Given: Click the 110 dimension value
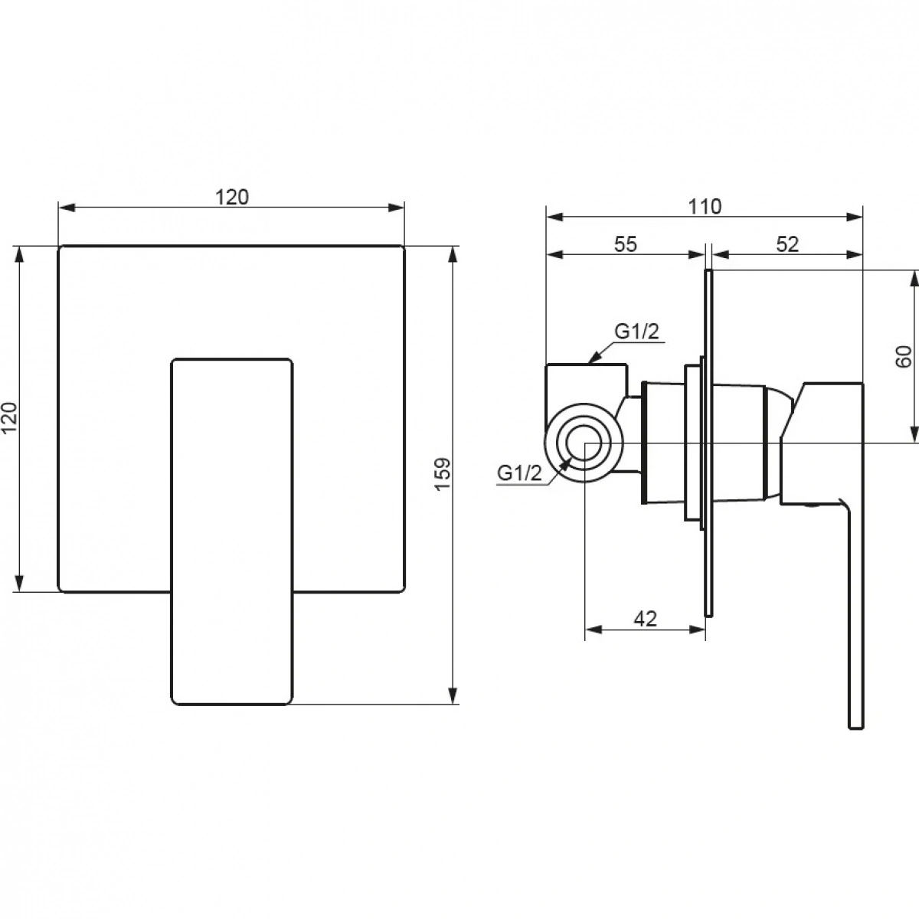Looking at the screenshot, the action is point(705,207).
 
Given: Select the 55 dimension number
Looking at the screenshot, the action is point(625,244).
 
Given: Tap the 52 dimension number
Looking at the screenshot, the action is point(787,244).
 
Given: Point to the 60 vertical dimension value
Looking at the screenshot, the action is point(903,356).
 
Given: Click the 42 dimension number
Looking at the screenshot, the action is point(646,619).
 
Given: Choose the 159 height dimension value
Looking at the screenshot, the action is point(443,473).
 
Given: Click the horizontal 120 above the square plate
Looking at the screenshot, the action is point(232,197).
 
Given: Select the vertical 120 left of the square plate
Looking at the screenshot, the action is point(9,418).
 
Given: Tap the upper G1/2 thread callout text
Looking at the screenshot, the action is point(636,332).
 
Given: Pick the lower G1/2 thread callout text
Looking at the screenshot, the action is point(520,473).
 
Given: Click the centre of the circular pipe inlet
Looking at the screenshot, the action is point(584,443).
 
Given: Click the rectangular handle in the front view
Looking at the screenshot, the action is point(232,531).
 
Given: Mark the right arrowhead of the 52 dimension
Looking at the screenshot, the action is point(855,255).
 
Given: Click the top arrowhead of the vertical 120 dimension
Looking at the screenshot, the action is point(19,255).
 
